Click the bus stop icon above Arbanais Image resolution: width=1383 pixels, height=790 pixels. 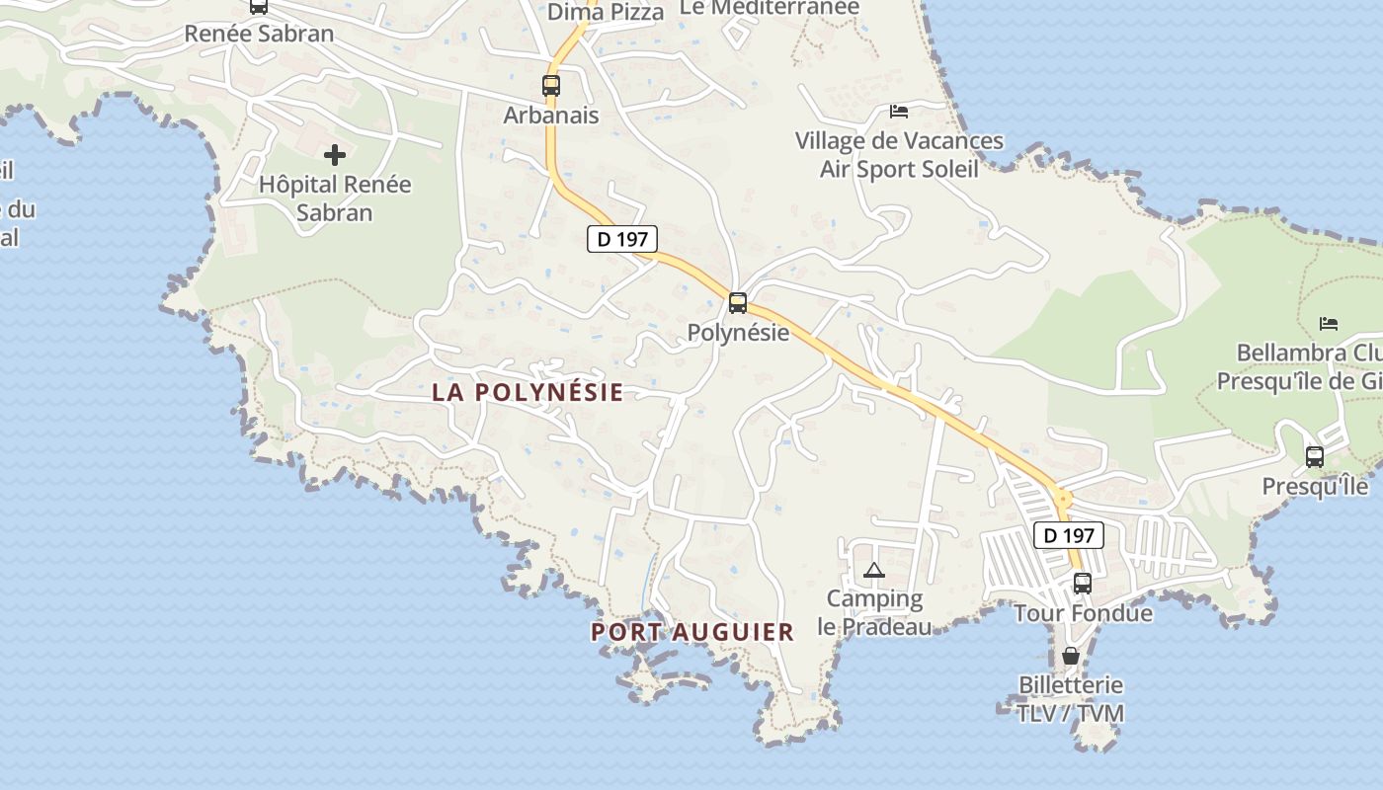tap(551, 86)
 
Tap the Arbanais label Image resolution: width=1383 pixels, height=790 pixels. tap(551, 116)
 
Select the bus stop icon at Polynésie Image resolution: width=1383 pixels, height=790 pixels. tap(738, 303)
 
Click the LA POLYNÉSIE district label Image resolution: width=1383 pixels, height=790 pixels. tap(528, 392)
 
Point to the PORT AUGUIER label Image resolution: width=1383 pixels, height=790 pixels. tap(692, 632)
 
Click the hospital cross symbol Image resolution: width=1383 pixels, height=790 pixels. tap(335, 155)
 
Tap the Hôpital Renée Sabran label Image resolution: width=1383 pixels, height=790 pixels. tap(335, 198)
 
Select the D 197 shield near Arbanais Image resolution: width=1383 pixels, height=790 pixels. tap(622, 239)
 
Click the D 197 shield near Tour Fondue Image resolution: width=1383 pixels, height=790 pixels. tap(1068, 535)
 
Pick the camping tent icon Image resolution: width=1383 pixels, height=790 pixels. tap(874, 570)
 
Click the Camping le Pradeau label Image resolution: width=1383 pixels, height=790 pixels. tap(874, 612)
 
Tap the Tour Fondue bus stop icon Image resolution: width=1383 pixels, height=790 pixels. tap(1083, 584)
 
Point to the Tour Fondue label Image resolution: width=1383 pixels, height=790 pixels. tap(1083, 613)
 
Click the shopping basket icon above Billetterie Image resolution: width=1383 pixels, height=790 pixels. tap(1070, 656)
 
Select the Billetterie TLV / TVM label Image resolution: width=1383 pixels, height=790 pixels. tap(1071, 698)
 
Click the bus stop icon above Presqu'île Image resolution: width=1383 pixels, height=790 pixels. tap(1315, 457)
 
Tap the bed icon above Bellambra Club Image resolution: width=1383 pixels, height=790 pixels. tap(1329, 324)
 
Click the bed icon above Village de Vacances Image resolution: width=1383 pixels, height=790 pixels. tap(899, 112)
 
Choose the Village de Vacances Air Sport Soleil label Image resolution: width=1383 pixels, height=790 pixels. tap(899, 155)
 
